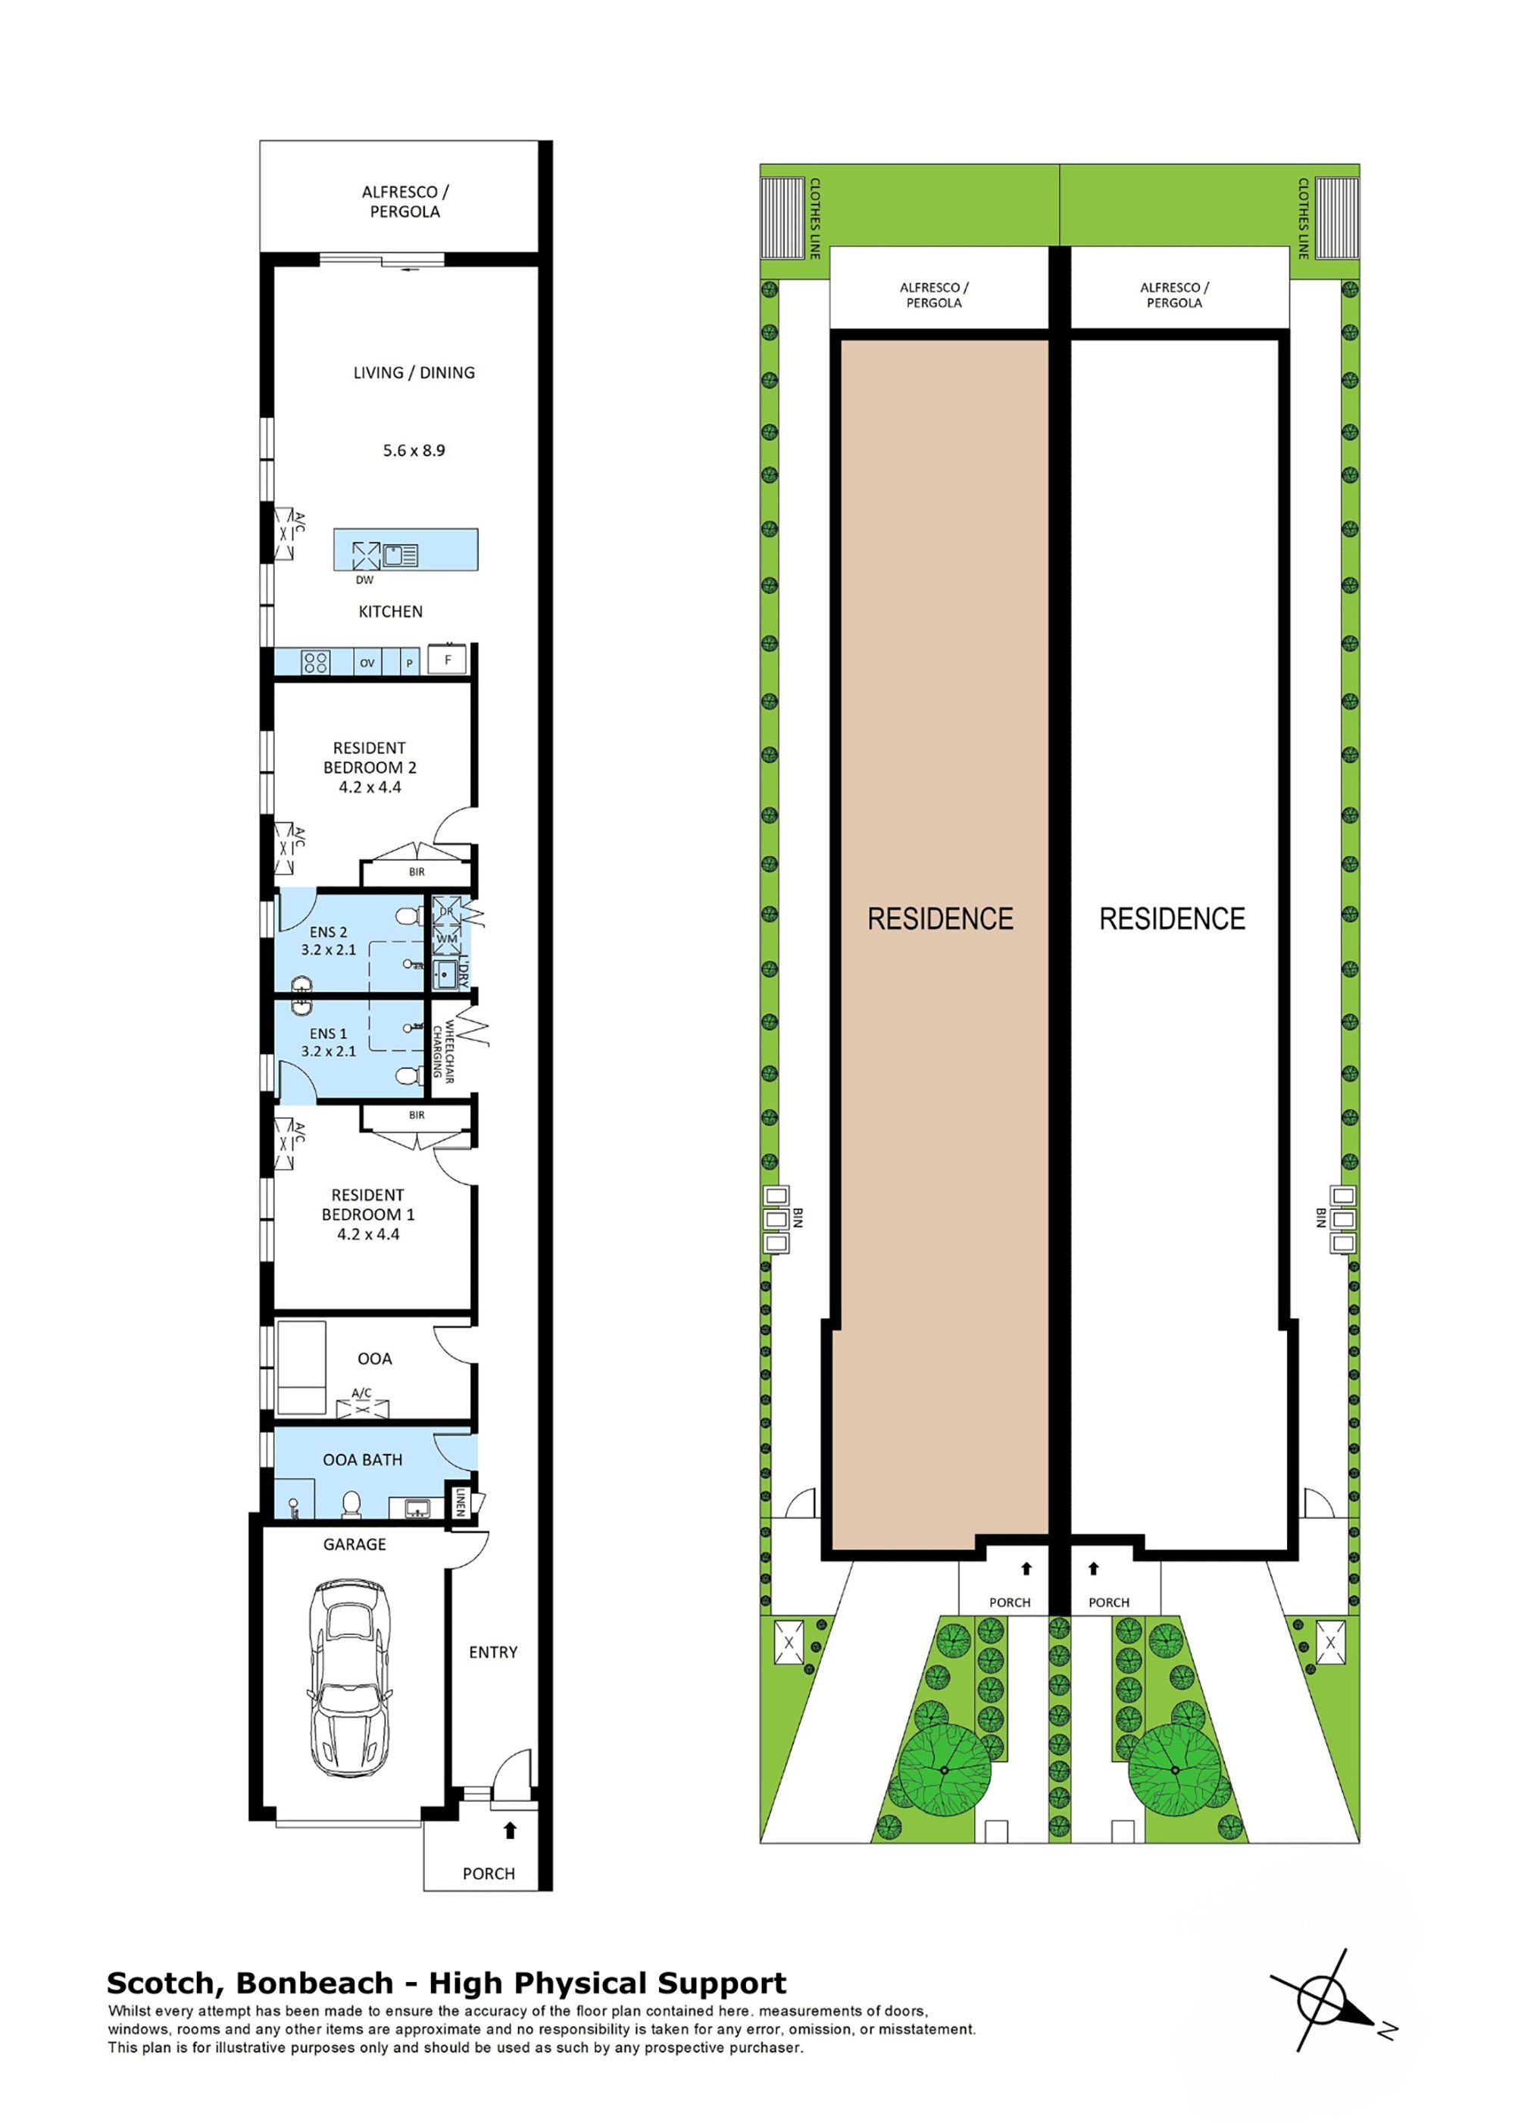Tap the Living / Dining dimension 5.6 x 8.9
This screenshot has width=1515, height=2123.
[x=414, y=451]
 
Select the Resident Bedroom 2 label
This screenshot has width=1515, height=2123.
[x=370, y=758]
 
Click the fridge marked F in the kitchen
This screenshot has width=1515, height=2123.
[x=448, y=660]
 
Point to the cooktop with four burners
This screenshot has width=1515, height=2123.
[x=315, y=662]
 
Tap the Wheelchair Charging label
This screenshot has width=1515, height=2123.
[x=443, y=1051]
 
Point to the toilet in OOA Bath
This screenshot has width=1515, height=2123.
[x=351, y=1503]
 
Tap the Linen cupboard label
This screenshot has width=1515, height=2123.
[x=459, y=1502]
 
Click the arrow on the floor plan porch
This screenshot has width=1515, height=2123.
[x=509, y=1830]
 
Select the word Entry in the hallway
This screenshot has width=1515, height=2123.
[x=492, y=1652]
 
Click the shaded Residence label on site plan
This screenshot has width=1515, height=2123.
[x=939, y=919]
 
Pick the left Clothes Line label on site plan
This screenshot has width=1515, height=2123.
[x=814, y=217]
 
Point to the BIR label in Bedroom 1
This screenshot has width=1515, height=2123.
[x=416, y=1115]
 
